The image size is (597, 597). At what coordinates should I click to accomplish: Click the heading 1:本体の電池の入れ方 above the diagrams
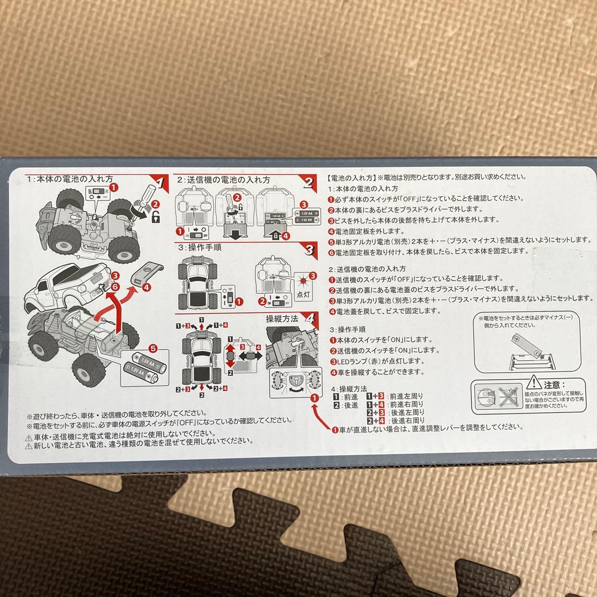70,180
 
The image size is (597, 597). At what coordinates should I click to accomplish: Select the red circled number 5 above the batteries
153,348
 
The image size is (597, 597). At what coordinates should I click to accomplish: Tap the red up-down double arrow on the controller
230,355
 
